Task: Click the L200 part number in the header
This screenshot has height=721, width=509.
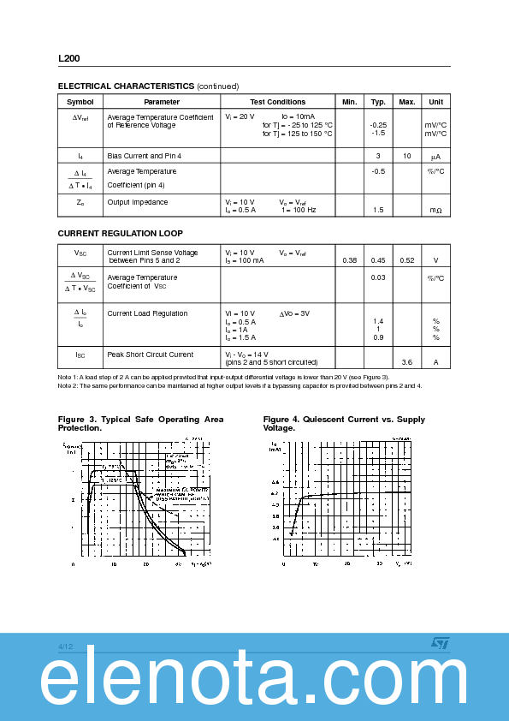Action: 69,58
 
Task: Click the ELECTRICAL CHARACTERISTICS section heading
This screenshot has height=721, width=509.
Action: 126,86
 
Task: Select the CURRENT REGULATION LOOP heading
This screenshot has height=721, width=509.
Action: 120,234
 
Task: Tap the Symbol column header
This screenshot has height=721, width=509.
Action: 80,102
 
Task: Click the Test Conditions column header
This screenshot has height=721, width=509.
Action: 277,102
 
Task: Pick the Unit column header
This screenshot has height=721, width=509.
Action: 435,102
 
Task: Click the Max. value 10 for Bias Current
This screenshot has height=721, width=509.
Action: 406,156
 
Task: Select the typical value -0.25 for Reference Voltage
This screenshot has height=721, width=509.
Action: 378,125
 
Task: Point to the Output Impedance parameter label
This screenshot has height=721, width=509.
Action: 138,202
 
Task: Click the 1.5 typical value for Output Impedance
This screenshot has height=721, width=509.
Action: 378,210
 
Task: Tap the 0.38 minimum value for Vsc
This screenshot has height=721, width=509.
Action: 349,260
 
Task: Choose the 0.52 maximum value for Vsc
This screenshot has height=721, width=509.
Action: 406,260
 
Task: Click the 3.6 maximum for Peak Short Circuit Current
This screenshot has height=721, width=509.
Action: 406,362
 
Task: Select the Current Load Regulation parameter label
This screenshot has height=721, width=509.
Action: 147,313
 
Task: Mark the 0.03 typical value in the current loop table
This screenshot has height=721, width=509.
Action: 378,277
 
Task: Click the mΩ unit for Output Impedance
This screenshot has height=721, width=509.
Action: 435,210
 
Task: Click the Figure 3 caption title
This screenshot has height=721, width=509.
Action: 140,423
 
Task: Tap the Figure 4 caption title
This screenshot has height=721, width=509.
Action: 344,423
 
